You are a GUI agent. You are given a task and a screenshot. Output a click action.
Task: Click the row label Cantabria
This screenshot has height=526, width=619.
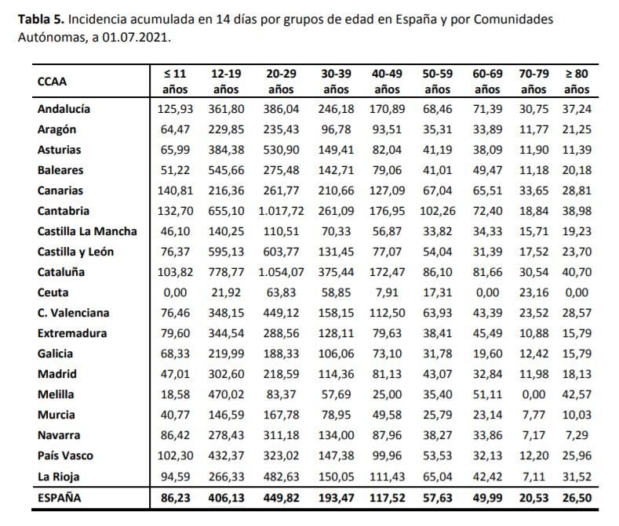[x=64, y=211]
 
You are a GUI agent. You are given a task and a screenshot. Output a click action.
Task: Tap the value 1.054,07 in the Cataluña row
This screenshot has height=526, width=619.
[x=282, y=272]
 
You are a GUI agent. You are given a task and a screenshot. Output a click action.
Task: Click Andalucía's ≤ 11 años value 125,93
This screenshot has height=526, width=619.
[x=175, y=109]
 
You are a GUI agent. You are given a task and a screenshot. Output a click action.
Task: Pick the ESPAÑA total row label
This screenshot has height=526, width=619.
[x=59, y=497]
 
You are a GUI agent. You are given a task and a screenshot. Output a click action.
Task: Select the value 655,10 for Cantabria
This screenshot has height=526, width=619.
[x=226, y=211]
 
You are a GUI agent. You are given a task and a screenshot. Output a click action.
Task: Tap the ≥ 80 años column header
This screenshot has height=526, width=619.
[x=577, y=81]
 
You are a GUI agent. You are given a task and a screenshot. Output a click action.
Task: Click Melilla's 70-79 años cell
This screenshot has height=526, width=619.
[x=534, y=394]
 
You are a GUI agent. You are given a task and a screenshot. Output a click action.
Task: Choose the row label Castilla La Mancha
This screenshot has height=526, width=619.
[x=87, y=231]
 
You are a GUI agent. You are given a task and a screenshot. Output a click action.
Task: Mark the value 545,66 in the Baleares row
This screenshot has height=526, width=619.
[x=226, y=170]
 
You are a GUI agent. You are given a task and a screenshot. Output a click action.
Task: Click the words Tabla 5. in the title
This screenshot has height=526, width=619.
[x=40, y=19]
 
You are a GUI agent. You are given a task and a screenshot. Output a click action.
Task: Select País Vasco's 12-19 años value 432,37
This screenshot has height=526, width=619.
[x=226, y=455]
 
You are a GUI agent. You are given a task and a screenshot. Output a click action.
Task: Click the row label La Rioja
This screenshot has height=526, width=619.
[x=58, y=476]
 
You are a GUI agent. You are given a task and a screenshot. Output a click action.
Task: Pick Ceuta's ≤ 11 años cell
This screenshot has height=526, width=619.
[x=175, y=292]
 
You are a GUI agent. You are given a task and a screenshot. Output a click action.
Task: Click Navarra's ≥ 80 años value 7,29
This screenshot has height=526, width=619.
[x=577, y=435]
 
